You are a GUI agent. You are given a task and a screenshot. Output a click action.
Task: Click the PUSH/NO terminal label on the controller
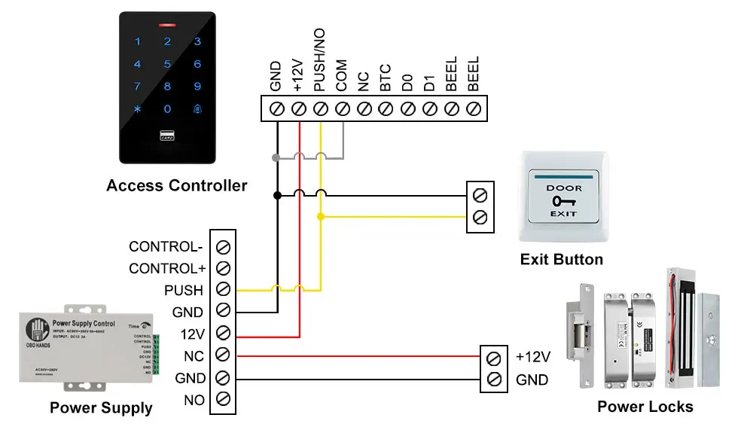pyautogui.click(x=320, y=66)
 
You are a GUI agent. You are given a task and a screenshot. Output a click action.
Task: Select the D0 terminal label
pyautogui.click(x=407, y=81)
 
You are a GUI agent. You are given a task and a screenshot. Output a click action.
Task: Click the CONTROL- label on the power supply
pyautogui.click(x=166, y=246)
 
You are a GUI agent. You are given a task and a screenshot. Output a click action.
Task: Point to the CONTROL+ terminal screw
pyautogui.click(x=223, y=268)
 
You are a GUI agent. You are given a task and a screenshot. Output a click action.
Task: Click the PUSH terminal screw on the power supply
pyautogui.click(x=223, y=290)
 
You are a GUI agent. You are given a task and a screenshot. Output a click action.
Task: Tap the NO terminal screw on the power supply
pyautogui.click(x=223, y=399)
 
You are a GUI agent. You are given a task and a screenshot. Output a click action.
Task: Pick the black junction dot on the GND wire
pyautogui.click(x=277, y=195)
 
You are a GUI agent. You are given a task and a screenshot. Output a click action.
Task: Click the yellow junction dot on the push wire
pyautogui.click(x=321, y=217)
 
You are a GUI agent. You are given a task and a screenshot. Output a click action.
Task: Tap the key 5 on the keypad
pyautogui.click(x=167, y=65)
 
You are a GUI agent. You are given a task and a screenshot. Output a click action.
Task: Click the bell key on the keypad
pyautogui.click(x=197, y=109)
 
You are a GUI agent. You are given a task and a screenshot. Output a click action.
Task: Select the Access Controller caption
pyautogui.click(x=177, y=185)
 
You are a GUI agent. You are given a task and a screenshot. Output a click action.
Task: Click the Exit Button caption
pyautogui.click(x=562, y=260)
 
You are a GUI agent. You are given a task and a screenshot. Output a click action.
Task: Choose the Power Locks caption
pyautogui.click(x=645, y=407)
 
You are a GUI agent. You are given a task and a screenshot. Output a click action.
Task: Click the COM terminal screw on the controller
pyautogui.click(x=342, y=109)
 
